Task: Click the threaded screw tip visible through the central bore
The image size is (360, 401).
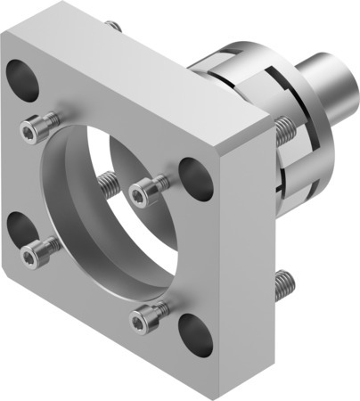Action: pyautogui.click(x=109, y=184)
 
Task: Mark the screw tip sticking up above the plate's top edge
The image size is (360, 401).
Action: pyautogui.click(x=112, y=27)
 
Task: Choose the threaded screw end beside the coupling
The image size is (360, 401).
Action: pyautogui.click(x=282, y=131)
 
